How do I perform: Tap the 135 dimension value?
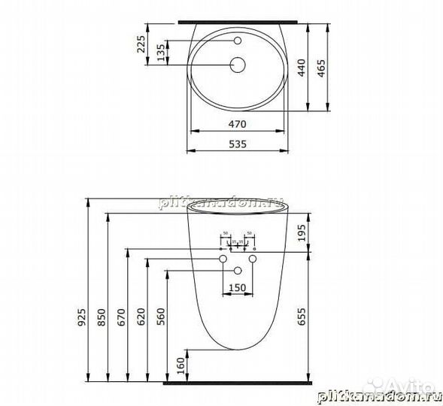click(x=160, y=52)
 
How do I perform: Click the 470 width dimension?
click(x=237, y=122)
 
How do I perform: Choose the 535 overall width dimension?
click(x=237, y=142)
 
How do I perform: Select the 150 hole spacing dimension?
click(x=238, y=286)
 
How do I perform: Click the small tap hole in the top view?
click(x=238, y=40)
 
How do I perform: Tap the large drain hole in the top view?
click(x=238, y=65)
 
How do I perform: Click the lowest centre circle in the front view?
click(x=238, y=270)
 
